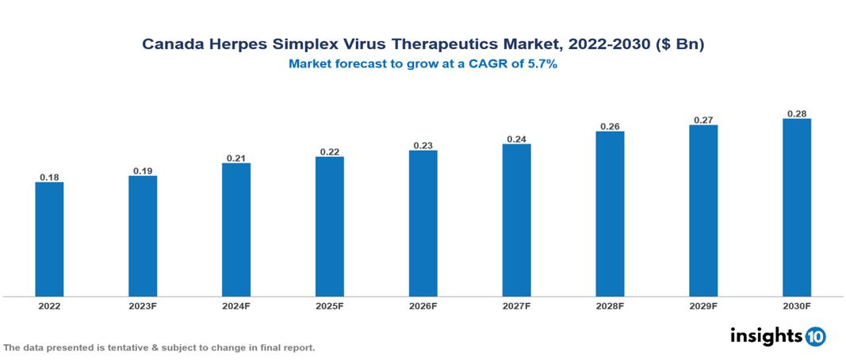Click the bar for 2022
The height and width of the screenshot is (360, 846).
tap(49, 239)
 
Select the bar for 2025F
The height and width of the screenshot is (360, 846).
tap(330, 227)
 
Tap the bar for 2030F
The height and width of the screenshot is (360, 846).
tap(797, 208)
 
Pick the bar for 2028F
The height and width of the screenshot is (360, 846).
tap(610, 214)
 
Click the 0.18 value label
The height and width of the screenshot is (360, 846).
tap(49, 177)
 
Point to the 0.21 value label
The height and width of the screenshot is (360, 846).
tap(236, 158)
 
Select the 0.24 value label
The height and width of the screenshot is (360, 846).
tap(516, 139)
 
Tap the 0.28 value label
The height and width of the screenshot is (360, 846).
tap(797, 113)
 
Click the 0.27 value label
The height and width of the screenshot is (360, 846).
tap(703, 120)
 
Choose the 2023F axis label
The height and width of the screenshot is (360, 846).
tap(143, 305)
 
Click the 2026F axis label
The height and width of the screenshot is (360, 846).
tap(423, 305)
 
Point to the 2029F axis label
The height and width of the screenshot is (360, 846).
tap(703, 305)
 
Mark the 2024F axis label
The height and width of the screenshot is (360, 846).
tap(236, 305)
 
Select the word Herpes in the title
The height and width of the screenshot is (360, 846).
tap(235, 44)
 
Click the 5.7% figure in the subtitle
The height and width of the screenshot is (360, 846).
tap(542, 65)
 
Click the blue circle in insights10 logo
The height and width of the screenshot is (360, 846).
tap(816, 337)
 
